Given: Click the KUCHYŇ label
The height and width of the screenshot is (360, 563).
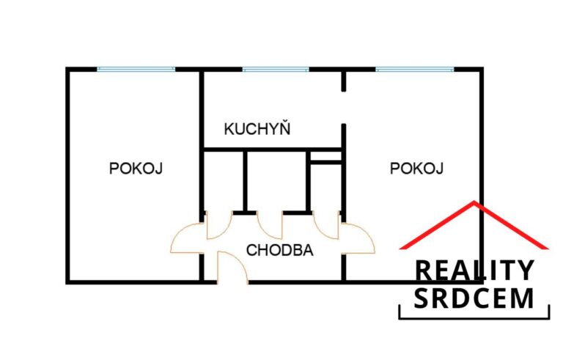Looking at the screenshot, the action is tap(257, 128).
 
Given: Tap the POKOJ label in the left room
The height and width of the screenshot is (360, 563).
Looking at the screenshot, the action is tap(136, 168).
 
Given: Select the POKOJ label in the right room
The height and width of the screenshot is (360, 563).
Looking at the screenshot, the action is tap(416, 168).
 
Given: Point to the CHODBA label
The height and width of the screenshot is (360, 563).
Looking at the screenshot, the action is tap(279, 250).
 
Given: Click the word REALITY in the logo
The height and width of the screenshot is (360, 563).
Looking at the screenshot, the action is tap(474, 271).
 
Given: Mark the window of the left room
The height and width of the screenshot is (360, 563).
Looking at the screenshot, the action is tap(136, 70).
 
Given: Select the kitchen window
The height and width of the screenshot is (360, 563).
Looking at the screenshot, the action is tap(276, 70).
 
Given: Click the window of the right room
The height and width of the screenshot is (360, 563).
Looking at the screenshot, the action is tap(414, 70).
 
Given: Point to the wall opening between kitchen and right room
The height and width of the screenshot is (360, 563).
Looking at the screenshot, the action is tap(344, 108).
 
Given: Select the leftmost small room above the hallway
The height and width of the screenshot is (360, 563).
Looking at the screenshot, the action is tap(224, 180).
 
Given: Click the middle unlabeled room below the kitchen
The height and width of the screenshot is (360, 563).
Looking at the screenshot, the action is tap(276, 180).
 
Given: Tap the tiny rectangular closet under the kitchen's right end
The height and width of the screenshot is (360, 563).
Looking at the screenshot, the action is tap(325, 156).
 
